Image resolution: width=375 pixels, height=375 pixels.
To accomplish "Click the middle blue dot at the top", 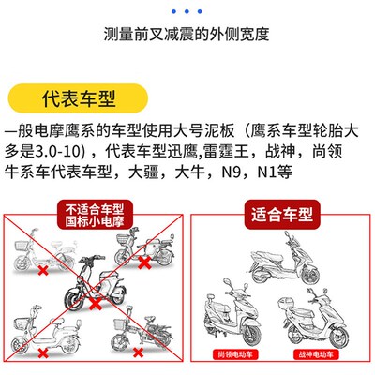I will tap(187, 12).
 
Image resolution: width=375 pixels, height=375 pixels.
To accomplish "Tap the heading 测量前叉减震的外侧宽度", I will tap(187, 37).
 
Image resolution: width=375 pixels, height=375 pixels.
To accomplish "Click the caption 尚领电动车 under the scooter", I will tap(232, 354).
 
